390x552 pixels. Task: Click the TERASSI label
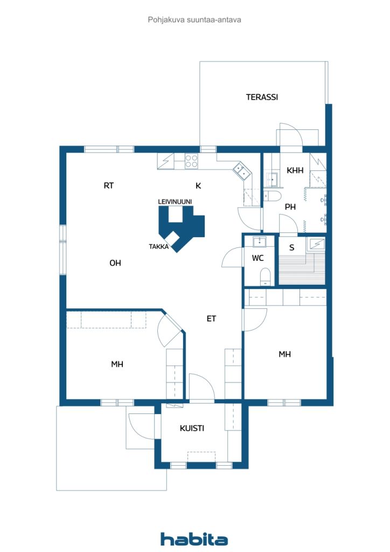tap(262, 97)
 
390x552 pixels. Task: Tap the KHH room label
tap(295, 170)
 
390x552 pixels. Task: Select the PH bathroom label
tap(290, 207)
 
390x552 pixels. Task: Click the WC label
tap(257, 258)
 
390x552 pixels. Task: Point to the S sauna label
tap(291, 247)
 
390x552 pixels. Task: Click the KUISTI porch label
tap(192, 428)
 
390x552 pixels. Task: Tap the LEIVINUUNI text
tap(175, 202)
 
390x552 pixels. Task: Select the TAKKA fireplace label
tap(158, 246)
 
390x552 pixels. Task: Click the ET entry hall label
tap(211, 319)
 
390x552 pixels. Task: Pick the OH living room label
tap(115, 263)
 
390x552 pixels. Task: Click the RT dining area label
tap(109, 185)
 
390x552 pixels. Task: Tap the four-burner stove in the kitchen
tap(191, 161)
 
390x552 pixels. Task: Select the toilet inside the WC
tap(265, 277)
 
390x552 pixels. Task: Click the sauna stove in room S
tap(316, 244)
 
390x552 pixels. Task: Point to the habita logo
tap(194, 539)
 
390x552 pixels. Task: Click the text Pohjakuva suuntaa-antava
tap(194, 20)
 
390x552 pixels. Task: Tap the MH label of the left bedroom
tap(117, 364)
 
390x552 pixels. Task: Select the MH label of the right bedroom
tap(284, 354)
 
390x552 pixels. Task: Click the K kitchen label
tap(198, 185)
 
